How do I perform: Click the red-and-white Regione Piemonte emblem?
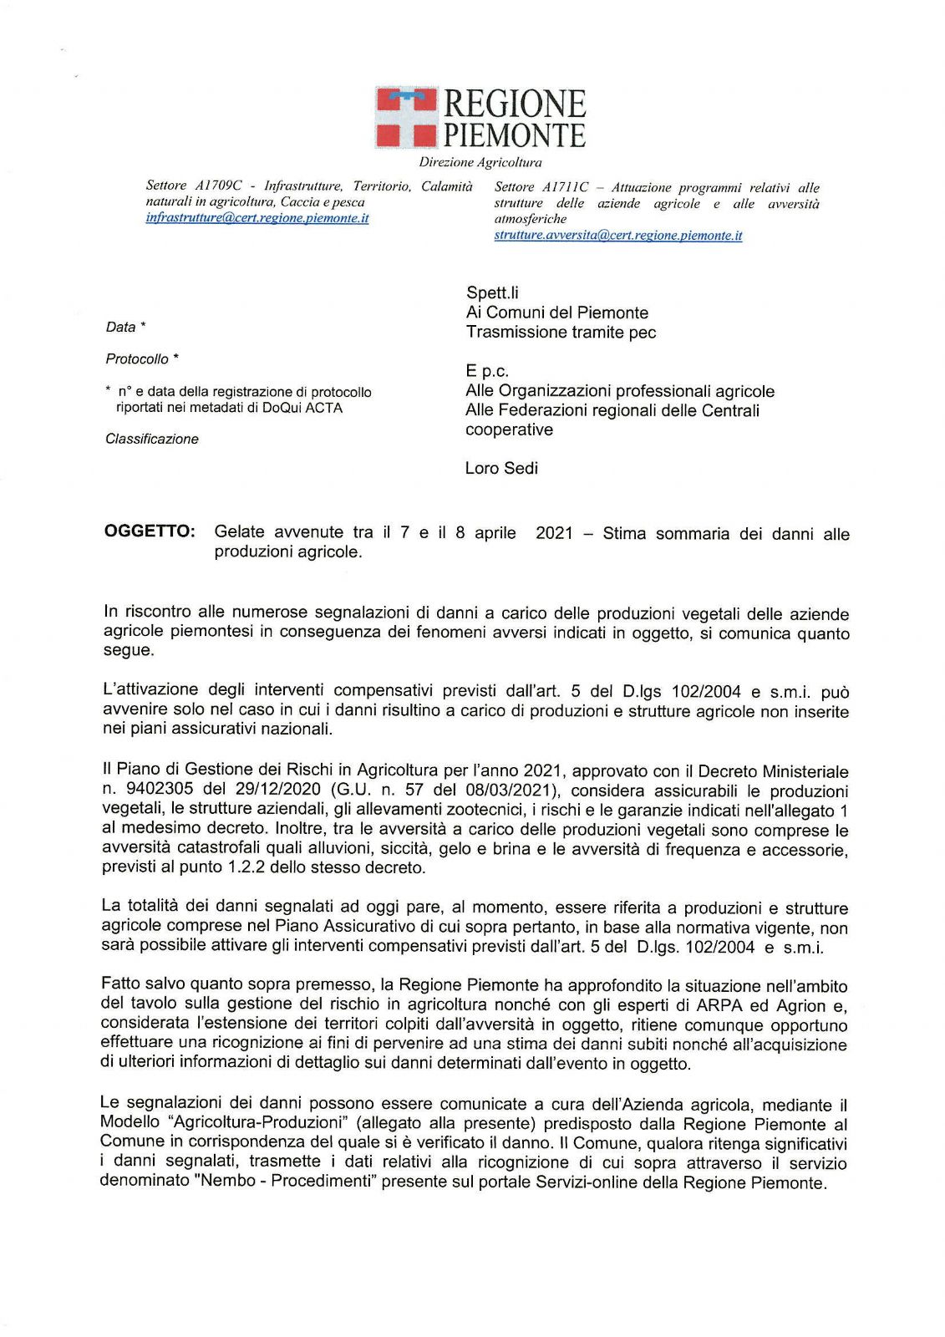click(x=406, y=117)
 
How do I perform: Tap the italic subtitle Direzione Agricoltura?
click(x=480, y=162)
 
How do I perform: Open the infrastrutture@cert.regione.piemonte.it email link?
click(x=257, y=218)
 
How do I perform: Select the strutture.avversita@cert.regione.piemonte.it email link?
click(x=617, y=236)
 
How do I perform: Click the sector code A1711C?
click(x=565, y=188)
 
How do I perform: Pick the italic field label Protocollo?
click(x=137, y=359)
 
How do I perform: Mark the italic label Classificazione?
click(x=152, y=439)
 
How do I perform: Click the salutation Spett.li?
click(x=492, y=292)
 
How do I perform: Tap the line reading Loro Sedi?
click(x=501, y=468)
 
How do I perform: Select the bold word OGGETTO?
click(x=150, y=531)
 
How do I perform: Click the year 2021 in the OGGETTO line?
click(x=554, y=533)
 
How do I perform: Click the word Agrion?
click(x=801, y=1006)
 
